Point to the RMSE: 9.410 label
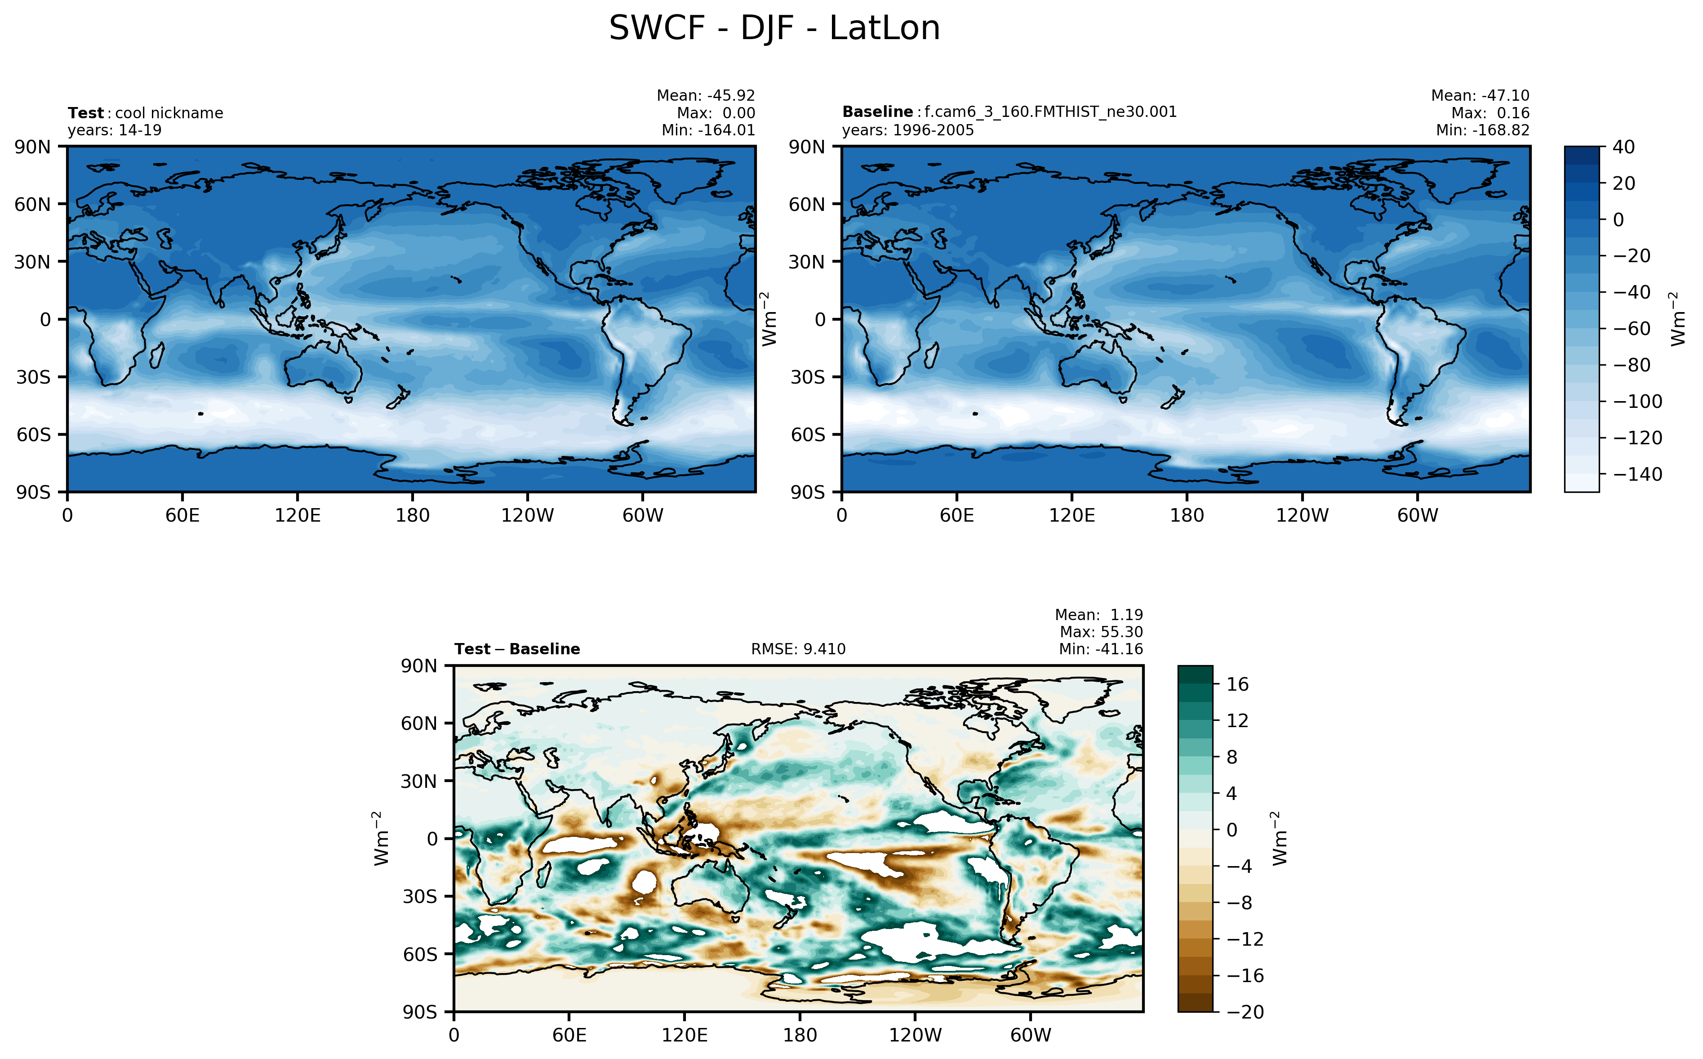[x=798, y=649]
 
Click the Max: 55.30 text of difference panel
[x=1101, y=632]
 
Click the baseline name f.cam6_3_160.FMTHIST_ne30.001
[x=1050, y=112]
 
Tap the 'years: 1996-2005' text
[x=907, y=130]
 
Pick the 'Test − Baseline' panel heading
[x=516, y=649]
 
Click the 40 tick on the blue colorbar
[x=1623, y=147]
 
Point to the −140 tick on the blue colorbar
[x=1637, y=474]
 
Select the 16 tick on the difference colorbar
[x=1237, y=684]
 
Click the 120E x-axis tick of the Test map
[x=298, y=515]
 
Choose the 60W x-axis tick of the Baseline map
[x=1418, y=515]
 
